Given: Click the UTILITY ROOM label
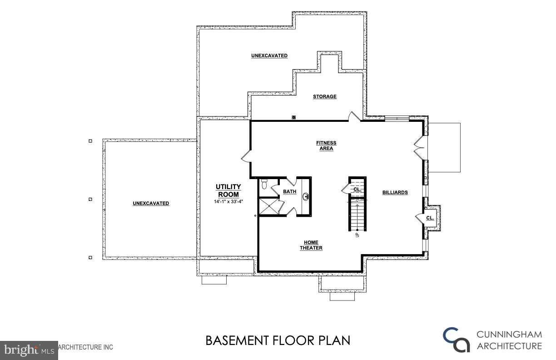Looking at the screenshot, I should [228, 190].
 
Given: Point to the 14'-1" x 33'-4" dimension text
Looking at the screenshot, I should [228, 201].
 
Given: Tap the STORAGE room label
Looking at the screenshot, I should [324, 96].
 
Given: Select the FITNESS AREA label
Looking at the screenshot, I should [326, 146].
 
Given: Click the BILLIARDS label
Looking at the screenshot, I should [395, 192].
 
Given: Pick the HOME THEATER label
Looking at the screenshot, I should [311, 245].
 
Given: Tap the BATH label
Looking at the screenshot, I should [289, 192].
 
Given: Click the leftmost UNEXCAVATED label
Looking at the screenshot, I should [151, 203].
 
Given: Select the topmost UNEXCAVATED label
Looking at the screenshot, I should [269, 55].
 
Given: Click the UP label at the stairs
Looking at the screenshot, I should [357, 235].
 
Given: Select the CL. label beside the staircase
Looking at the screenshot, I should [357, 189].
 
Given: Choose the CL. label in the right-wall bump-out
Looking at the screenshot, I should [430, 218].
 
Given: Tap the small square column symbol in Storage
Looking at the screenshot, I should [294, 117].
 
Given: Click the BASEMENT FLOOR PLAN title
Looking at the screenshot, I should [278, 340].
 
